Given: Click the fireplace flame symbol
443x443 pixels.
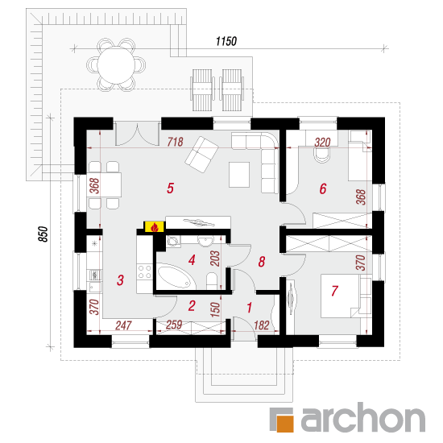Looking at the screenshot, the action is point(155,227).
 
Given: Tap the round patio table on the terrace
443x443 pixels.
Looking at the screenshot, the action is point(116,65).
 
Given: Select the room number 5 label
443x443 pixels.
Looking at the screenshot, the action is point(170,188).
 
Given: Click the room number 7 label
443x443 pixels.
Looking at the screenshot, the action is point(334,291).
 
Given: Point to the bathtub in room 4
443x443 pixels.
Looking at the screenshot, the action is point(176,276).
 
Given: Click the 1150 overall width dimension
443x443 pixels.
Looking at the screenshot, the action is point(226,42).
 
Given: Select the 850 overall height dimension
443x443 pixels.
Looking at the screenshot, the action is point(43,234).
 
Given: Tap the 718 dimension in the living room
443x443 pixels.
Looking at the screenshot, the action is point(175,142).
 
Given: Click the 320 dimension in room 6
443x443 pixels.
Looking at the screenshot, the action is point(322,143).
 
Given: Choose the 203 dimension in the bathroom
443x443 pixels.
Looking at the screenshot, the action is point(215,259).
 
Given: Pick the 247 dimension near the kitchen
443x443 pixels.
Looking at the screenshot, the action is point(123,325).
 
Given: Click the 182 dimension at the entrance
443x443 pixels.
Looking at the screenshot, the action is point(261,325).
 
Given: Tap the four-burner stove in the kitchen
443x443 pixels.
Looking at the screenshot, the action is point(144,271).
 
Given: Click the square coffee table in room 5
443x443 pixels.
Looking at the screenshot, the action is point(239,175).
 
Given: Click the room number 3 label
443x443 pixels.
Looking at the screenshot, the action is point(120,280).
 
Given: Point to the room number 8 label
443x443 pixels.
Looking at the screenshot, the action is point(262,262).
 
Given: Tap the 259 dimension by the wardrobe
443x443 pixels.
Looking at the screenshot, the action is point(174,325).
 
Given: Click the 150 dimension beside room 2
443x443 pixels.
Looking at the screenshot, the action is point(215,309).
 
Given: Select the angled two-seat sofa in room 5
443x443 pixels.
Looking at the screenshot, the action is point(201,155).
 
